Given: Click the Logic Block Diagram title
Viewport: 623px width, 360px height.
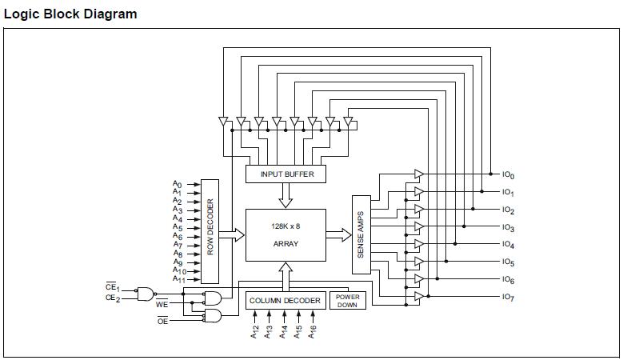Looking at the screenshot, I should point(70,14).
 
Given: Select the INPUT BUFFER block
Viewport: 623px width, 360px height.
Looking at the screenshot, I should point(287,174).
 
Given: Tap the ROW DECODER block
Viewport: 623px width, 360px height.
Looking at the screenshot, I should point(210,230).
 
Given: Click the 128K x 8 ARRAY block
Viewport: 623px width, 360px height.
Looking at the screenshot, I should point(286,234).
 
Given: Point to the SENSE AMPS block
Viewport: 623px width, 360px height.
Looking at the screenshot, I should point(361,234).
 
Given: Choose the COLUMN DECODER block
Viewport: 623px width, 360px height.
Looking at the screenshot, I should point(286,301).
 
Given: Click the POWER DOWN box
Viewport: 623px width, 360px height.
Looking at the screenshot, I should point(347,301).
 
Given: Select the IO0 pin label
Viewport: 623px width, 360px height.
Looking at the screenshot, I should point(508,174).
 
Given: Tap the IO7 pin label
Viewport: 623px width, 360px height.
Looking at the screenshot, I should point(508,297).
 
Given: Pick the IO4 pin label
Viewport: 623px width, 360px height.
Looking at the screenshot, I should point(508,245).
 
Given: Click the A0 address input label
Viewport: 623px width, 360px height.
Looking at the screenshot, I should point(178,184).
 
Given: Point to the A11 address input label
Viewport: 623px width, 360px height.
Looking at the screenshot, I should point(179,279).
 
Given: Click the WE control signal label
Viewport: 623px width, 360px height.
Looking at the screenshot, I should point(162,304).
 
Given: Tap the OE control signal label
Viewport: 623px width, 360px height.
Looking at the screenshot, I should point(162,320).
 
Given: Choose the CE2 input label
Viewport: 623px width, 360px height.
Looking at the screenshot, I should point(112,298).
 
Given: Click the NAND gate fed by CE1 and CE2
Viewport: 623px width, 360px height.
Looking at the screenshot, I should point(146,294).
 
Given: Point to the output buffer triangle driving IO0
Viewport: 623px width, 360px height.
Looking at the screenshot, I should point(418,174).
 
